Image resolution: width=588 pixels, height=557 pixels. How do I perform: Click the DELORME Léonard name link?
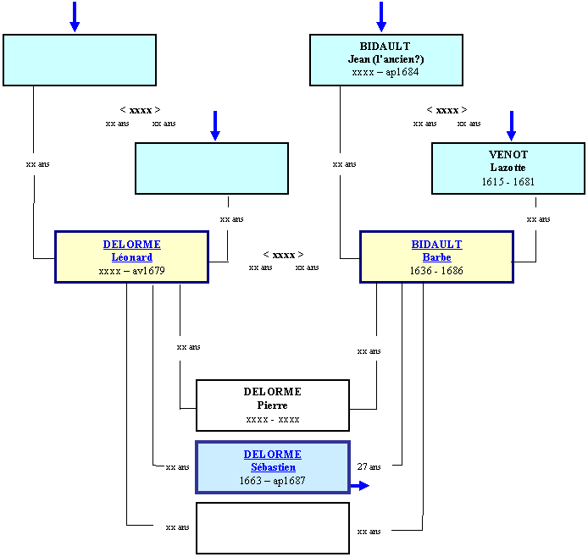(131, 251)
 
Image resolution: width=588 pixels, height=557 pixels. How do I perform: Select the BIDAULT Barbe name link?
(436, 251)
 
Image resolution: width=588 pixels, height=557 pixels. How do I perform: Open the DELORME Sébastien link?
(273, 460)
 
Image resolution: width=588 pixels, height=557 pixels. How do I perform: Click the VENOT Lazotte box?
(508, 168)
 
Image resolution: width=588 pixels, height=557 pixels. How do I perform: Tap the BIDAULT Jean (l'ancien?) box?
(386, 60)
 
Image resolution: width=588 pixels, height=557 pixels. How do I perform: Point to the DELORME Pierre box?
(273, 405)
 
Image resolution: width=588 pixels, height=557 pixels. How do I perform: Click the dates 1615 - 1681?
(508, 182)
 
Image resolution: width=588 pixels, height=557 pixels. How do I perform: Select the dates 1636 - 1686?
(436, 270)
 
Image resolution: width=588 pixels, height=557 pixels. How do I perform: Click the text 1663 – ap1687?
(273, 481)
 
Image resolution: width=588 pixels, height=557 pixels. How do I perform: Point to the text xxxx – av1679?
(131, 270)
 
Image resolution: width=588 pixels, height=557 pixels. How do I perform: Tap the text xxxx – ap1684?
(386, 72)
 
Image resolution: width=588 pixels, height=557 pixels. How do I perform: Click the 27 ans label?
(369, 466)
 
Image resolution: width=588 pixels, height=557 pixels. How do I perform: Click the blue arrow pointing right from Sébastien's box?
(360, 486)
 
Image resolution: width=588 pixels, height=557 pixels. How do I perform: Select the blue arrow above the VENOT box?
(511, 126)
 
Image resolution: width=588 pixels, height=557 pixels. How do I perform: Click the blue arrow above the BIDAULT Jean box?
(381, 17)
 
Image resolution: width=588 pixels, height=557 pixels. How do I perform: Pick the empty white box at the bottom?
(273, 528)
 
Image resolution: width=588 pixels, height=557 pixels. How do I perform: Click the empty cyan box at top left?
(80, 60)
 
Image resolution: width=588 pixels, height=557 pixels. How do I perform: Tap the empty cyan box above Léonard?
(212, 168)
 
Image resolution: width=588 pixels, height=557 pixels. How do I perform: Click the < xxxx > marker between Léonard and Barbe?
(283, 255)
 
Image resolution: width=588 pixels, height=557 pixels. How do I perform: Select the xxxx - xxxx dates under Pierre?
(273, 420)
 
